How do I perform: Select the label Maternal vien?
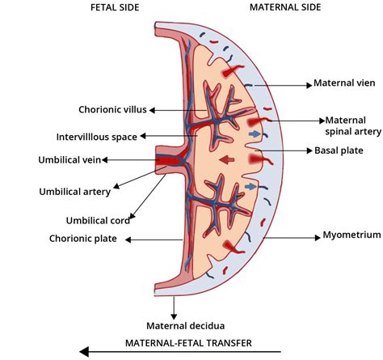pyautogui.click(x=340, y=83)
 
